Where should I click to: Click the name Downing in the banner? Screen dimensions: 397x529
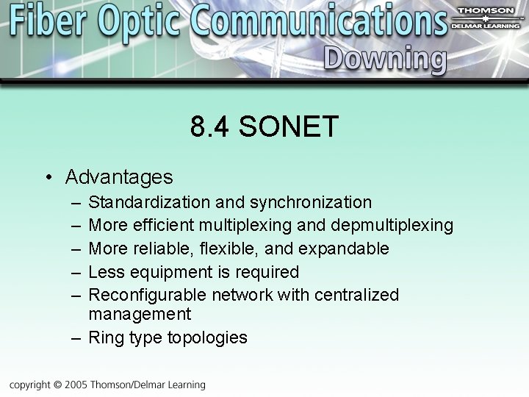384,60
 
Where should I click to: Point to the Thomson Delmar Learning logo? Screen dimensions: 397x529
486,19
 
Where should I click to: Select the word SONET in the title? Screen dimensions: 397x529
288,126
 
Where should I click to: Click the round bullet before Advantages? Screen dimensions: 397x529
47,178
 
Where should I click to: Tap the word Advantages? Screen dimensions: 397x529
119,177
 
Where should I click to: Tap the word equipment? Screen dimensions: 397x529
172,272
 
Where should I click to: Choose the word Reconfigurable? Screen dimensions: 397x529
147,295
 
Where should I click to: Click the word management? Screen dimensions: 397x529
140,315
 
